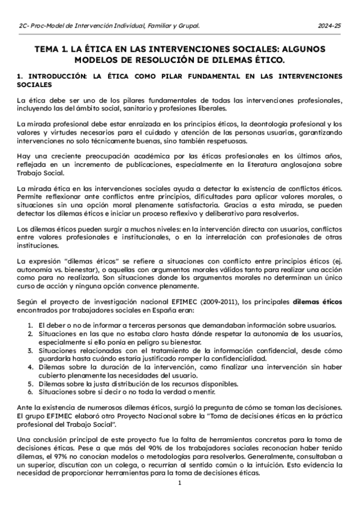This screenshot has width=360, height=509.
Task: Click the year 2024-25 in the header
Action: pos(329,26)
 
